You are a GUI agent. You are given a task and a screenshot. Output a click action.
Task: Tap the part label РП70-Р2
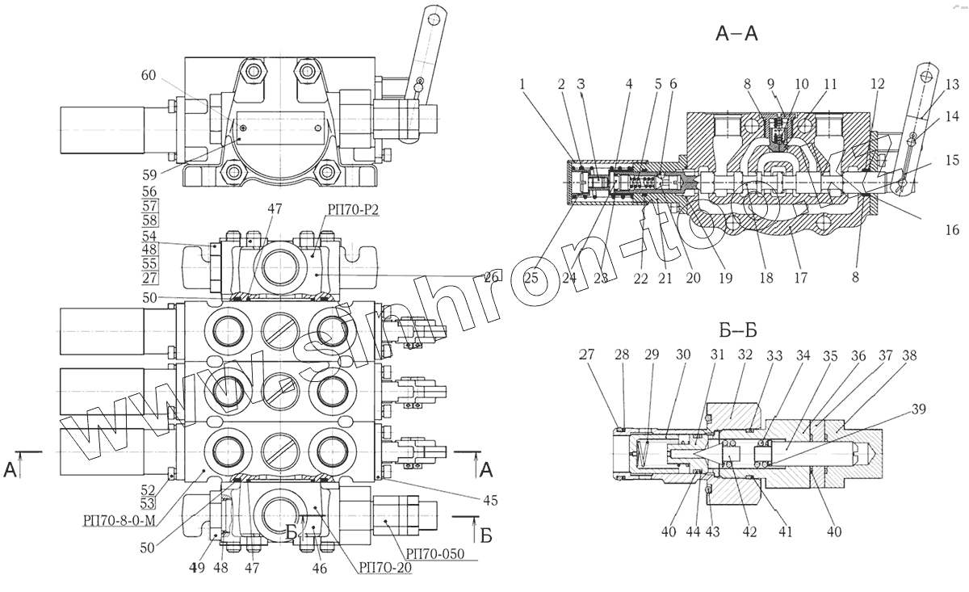tap(353, 208)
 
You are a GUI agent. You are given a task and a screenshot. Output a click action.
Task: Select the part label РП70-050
tap(438, 552)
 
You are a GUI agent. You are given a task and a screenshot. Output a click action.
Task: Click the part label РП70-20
tap(383, 567)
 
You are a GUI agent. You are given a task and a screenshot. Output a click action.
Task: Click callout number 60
tap(149, 75)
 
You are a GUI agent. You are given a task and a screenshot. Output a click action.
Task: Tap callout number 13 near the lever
tap(952, 83)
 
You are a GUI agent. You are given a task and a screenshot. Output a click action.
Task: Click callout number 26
tap(489, 277)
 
